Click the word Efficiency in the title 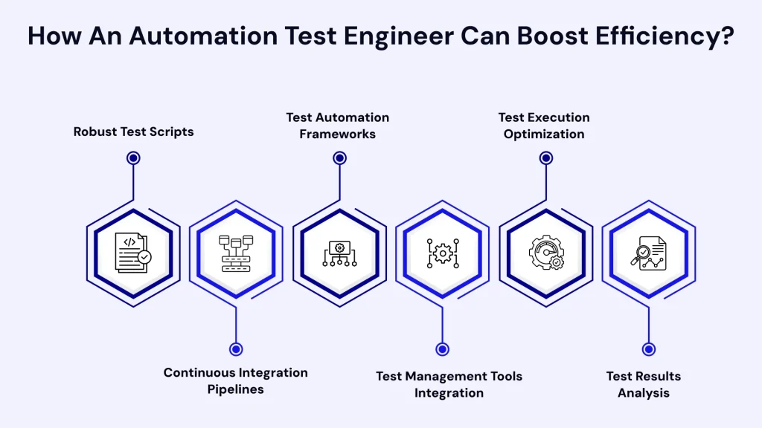point(664,36)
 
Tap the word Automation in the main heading point(203,36)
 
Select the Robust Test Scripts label point(134,132)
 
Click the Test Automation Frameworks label point(338,126)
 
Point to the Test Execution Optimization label point(544,126)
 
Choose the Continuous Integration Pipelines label point(236,381)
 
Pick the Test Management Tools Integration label point(449,384)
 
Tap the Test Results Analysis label point(644,384)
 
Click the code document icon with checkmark point(132,253)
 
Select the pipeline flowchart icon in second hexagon point(236,253)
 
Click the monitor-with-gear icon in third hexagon point(339,253)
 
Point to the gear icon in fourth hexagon point(443,253)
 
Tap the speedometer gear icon point(546,253)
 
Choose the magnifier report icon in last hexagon point(649,253)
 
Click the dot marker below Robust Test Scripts point(133,158)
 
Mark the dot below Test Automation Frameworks point(339,158)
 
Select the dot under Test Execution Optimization point(546,158)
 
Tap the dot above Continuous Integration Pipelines point(236,349)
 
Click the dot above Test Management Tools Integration point(442,349)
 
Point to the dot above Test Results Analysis point(649,349)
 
